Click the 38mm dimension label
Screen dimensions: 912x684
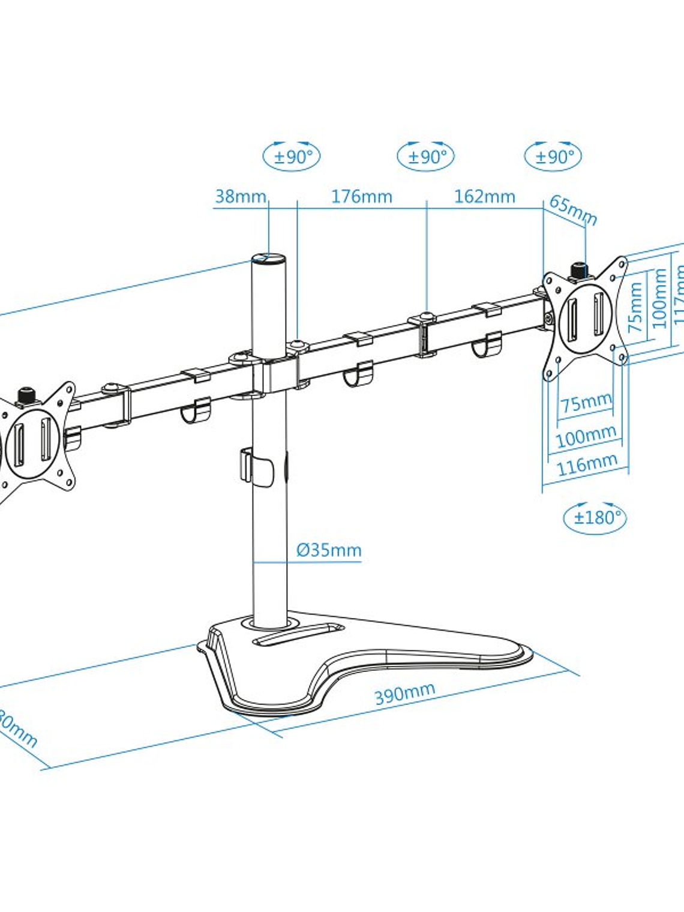tap(240, 196)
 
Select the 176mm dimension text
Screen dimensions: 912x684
tap(361, 196)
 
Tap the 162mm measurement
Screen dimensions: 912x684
tap(484, 196)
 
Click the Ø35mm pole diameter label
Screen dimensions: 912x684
tap(329, 550)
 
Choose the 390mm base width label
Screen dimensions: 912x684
tap(404, 694)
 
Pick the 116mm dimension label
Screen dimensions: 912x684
tap(587, 464)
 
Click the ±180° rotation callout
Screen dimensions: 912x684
tap(595, 517)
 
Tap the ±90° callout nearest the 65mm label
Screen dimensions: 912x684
tap(553, 157)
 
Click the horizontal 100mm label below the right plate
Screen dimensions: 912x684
tap(586, 436)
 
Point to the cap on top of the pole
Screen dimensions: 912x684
tap(269, 259)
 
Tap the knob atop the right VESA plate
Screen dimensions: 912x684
tap(579, 270)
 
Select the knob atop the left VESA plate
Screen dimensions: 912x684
tap(26, 396)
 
